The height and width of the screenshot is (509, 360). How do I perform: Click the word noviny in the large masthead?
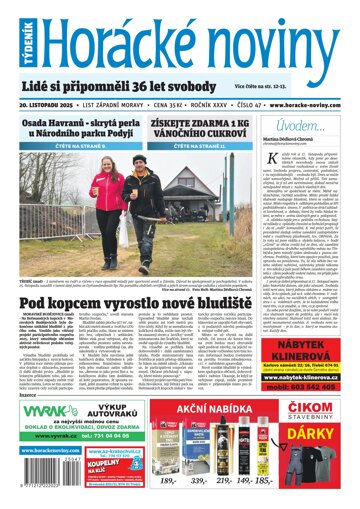261,37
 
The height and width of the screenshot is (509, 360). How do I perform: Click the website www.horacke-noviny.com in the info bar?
305,102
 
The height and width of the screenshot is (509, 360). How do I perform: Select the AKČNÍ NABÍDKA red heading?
224,412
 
